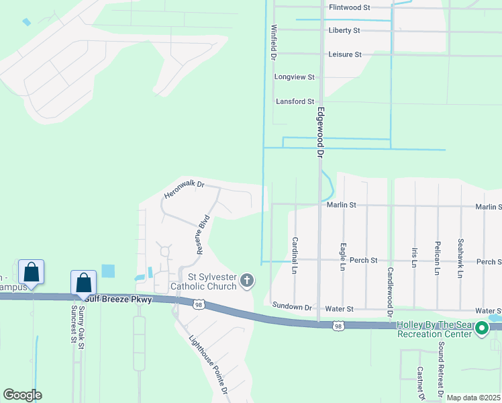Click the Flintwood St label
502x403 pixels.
(x=350, y=7)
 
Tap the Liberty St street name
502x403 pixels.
(x=344, y=31)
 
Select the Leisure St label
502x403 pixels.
(x=345, y=54)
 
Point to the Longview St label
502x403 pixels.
(x=294, y=77)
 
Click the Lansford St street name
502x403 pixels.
(x=295, y=101)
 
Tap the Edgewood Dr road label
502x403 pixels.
(x=321, y=132)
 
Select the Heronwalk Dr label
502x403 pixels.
(x=183, y=189)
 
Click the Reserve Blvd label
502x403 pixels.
(x=203, y=234)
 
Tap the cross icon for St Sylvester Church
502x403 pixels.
(x=247, y=280)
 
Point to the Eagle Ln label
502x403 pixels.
(x=343, y=257)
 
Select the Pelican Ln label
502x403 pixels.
(x=438, y=257)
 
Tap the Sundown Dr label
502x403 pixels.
(x=292, y=307)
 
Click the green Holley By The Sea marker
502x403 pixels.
(x=481, y=328)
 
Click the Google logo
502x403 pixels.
(x=22, y=395)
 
